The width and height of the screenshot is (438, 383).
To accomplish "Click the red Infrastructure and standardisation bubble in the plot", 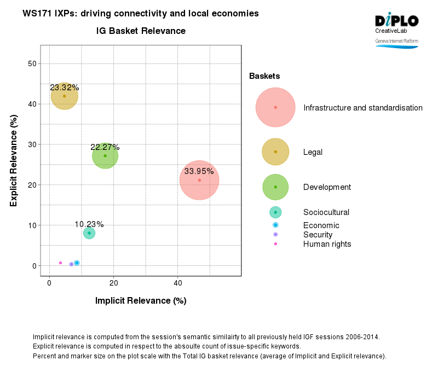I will point(199,181).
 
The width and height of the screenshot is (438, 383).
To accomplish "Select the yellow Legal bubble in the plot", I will point(64,96).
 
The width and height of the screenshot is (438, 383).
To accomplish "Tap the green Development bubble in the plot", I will point(105,156).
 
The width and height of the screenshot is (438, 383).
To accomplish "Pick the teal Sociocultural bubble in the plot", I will point(89,233).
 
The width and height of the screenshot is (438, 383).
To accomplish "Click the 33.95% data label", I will point(199,171).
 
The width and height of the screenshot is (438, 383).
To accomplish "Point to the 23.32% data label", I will point(64,88).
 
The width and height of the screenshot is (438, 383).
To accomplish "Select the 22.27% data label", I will point(105,147).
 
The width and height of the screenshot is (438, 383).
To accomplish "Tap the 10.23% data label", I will point(89,224).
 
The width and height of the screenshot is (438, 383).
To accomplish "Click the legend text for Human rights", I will point(327,244).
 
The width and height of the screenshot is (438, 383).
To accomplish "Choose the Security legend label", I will point(318,234).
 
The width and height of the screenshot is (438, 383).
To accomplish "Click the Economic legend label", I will point(321,225).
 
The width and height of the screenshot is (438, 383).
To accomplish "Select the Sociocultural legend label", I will point(326,212).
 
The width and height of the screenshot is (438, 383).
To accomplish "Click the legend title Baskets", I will point(264,76).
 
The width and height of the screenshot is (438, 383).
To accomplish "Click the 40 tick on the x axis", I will point(178,283).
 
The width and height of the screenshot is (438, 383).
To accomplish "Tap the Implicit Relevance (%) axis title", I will point(141,300).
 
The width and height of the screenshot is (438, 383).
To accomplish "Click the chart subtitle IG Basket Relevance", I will point(141,31).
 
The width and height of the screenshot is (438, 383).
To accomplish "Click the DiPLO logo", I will point(396,21).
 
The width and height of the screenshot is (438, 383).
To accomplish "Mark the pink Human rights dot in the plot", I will point(60,263).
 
